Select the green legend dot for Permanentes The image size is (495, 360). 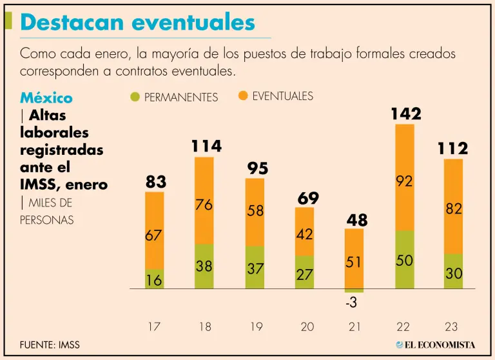(135, 97)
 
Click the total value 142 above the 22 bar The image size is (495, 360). (405, 114)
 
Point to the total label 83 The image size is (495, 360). (155, 183)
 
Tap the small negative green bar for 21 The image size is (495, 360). (354, 291)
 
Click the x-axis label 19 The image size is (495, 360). (255, 327)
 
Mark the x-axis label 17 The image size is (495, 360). (153, 327)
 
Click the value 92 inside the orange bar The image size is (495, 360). (404, 182)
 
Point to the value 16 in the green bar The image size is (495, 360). (154, 279)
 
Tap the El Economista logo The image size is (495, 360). (436, 345)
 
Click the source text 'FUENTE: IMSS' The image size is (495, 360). (50, 345)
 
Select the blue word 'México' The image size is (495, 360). (46, 98)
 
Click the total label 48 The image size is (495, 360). (356, 220)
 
